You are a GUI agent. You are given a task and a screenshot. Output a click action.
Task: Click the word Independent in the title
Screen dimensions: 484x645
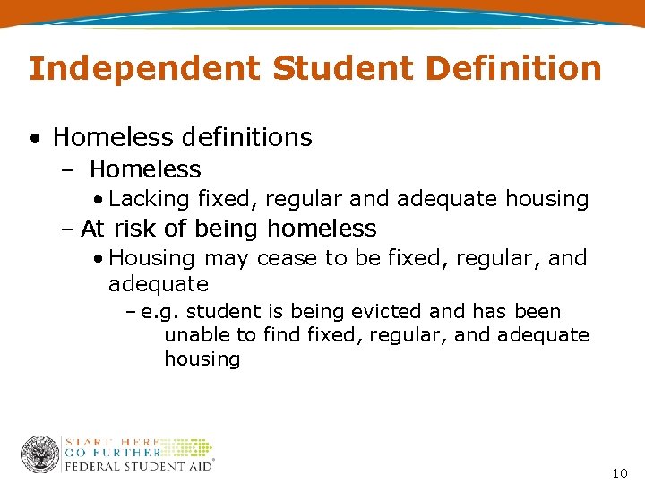(144, 68)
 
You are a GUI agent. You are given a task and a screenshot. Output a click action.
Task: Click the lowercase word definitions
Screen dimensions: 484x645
(246, 137)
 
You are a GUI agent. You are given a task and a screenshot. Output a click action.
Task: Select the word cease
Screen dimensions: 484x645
(286, 258)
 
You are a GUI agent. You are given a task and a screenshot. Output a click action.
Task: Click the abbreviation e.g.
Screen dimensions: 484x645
(161, 313)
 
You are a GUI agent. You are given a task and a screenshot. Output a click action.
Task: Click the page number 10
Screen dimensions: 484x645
(620, 472)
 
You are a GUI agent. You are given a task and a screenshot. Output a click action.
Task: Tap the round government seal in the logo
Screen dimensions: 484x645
(40, 454)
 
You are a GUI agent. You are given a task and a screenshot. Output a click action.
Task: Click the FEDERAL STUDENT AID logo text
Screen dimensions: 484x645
(137, 465)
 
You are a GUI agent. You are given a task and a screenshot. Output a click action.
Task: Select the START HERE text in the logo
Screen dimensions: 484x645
(111, 442)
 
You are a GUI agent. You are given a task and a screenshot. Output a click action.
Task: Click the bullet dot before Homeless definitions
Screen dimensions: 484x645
(33, 139)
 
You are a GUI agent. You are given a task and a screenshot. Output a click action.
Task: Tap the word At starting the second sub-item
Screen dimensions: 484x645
(92, 229)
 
